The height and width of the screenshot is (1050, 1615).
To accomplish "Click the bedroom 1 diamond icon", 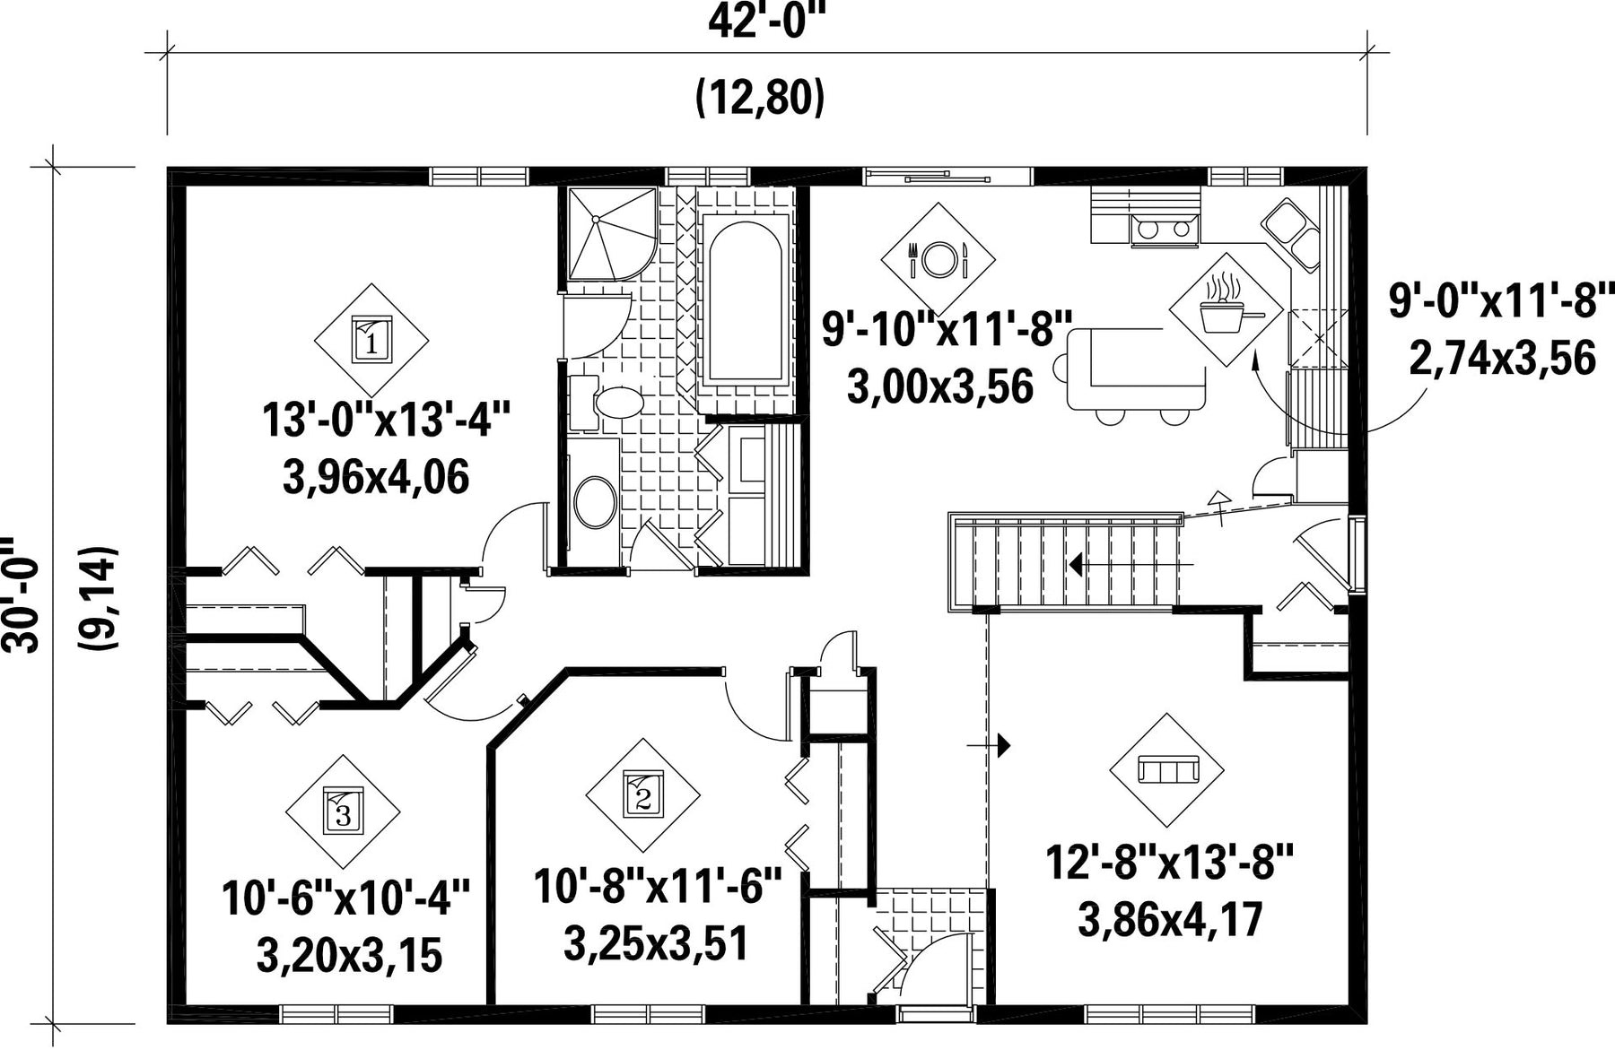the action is pos(371,340).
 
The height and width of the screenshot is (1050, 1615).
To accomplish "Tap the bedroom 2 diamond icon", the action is pos(642,794).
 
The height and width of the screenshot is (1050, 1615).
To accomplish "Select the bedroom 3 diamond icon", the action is pos(343,811).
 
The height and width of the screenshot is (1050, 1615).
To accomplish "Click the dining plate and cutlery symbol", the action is pos(938,259).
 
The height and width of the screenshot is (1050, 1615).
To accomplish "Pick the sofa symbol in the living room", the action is pos(1167,770).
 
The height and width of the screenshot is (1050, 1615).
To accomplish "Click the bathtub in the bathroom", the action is pos(744,299).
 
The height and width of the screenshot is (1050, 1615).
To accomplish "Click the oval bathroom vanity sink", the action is pos(594,502).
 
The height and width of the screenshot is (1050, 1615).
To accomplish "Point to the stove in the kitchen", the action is pos(1164,230).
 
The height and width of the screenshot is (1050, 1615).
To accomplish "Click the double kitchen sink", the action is pos(1291,231).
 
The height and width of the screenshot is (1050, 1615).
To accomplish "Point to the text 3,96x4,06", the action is pos(376,477).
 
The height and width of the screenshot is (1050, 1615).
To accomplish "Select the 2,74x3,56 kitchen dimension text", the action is pos(1503,359).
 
